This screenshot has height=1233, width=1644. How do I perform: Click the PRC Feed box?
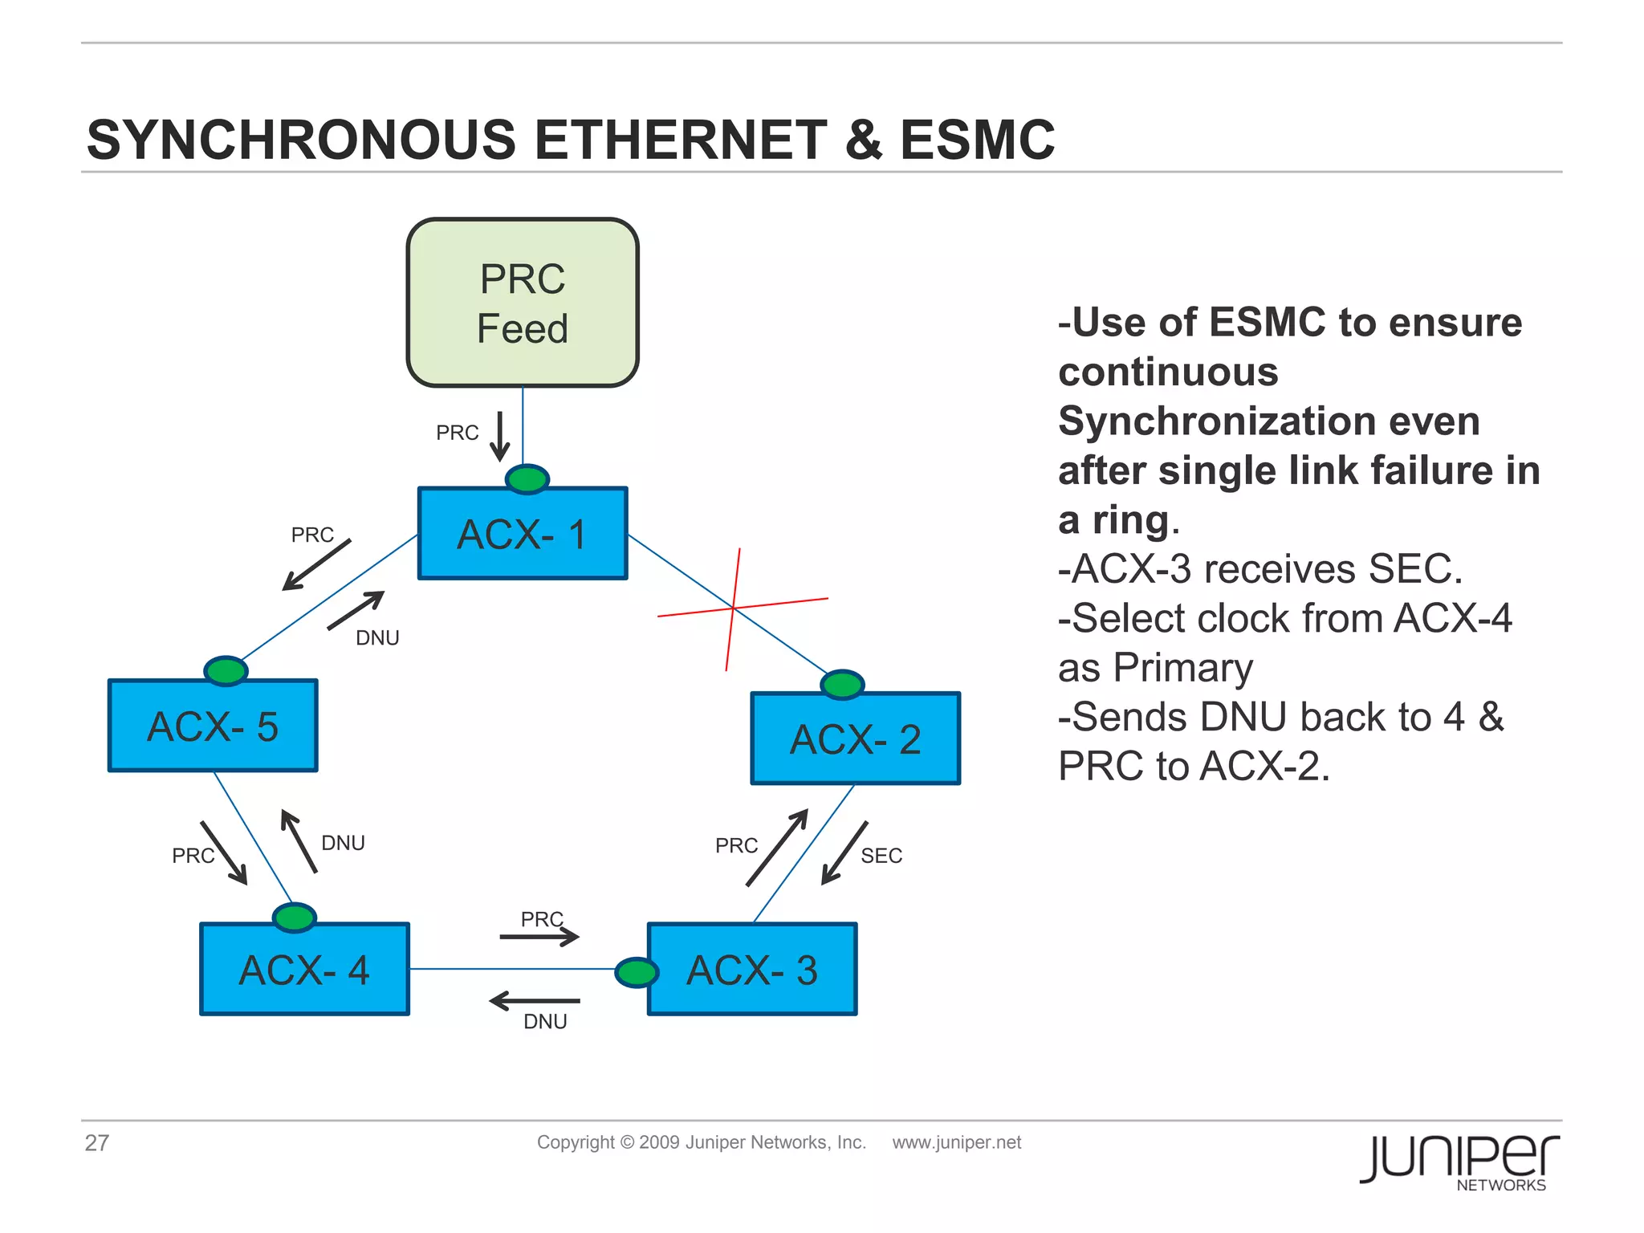point(523,303)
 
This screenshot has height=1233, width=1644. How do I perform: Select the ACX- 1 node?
point(523,534)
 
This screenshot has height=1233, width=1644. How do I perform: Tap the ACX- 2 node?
point(856,739)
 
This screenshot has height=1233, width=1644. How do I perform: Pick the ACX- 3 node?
point(752,969)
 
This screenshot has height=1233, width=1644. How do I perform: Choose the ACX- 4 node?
point(304,969)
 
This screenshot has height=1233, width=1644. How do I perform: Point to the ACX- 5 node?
point(213,726)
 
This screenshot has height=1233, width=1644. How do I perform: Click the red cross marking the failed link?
point(734,608)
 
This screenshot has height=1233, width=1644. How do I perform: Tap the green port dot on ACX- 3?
point(637,972)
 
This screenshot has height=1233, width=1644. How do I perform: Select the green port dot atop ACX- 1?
point(527,479)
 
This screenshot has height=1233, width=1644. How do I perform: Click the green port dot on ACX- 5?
point(226,670)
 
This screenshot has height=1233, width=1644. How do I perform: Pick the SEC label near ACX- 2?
point(881,856)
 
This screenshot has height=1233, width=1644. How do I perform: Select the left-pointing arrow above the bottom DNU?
point(535,1001)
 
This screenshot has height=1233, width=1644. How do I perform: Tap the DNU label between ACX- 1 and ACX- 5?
point(377,637)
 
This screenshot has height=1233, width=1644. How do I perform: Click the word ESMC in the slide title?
point(977,140)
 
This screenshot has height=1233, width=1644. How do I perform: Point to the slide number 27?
point(97,1142)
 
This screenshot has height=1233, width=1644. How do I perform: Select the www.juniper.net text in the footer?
point(956,1142)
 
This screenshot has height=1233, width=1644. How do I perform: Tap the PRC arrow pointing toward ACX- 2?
point(776,848)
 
